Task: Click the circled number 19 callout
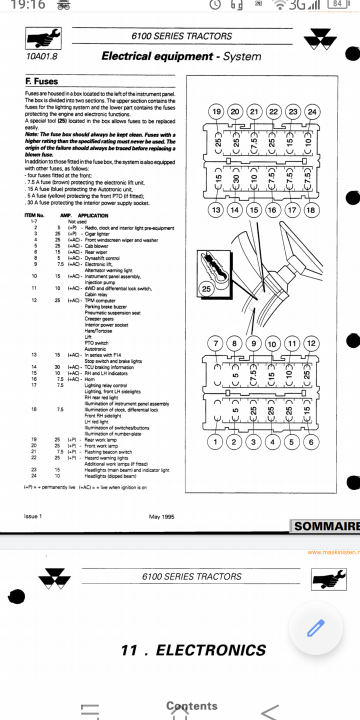[x=216, y=111]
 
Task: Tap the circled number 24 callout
[x=312, y=111]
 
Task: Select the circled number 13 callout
[x=216, y=209]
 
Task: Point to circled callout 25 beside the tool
[x=206, y=288]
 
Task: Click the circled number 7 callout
[x=216, y=343]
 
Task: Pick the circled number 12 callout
[x=311, y=343]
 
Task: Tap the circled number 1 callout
[x=215, y=441]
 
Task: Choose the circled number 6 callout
[x=311, y=441]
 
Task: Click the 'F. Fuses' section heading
[x=41, y=81]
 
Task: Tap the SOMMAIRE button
[x=326, y=526]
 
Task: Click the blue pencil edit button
[x=315, y=628]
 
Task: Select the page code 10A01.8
[x=42, y=56]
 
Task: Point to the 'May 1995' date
[x=161, y=516]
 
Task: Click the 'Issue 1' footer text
[x=33, y=516]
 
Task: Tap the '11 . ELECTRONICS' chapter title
[x=193, y=650]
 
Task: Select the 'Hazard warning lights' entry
[x=106, y=458]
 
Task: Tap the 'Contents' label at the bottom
[x=192, y=706]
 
